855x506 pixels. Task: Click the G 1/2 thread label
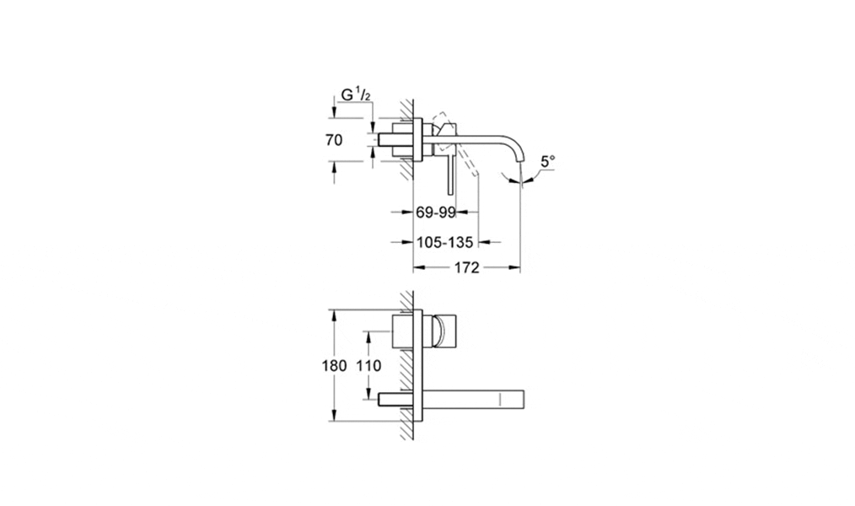pyautogui.click(x=356, y=94)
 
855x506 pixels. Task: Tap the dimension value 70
pyautogui.click(x=334, y=140)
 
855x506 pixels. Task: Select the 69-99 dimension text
pyautogui.click(x=436, y=213)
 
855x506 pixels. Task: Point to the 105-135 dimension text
pyautogui.click(x=445, y=241)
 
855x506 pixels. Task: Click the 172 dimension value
pyautogui.click(x=466, y=267)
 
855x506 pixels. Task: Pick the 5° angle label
pyautogui.click(x=548, y=161)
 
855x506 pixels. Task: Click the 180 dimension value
pyautogui.click(x=334, y=365)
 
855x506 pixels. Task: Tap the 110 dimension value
pyautogui.click(x=369, y=365)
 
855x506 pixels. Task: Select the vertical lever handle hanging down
pyautogui.click(x=450, y=175)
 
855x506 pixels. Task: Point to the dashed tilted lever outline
pyautogui.click(x=455, y=144)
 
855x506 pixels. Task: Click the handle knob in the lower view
pyautogui.click(x=444, y=331)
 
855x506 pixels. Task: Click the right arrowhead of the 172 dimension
pyautogui.click(x=515, y=267)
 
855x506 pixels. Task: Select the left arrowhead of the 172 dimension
pyautogui.click(x=419, y=267)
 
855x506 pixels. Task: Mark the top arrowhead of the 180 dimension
pyautogui.click(x=334, y=315)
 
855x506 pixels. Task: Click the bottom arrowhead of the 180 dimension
pyautogui.click(x=334, y=415)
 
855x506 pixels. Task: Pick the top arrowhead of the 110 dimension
pyautogui.click(x=369, y=337)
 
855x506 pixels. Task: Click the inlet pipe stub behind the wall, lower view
pyautogui.click(x=395, y=399)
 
